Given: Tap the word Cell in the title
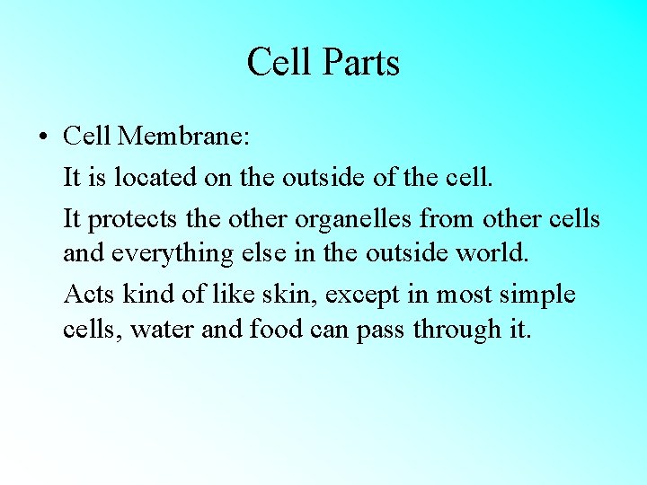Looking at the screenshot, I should click(279, 63).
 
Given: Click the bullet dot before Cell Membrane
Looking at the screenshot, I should click(43, 137).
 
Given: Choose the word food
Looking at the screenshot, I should click(277, 330).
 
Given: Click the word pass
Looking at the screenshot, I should click(380, 331).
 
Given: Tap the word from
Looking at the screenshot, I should click(448, 218).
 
